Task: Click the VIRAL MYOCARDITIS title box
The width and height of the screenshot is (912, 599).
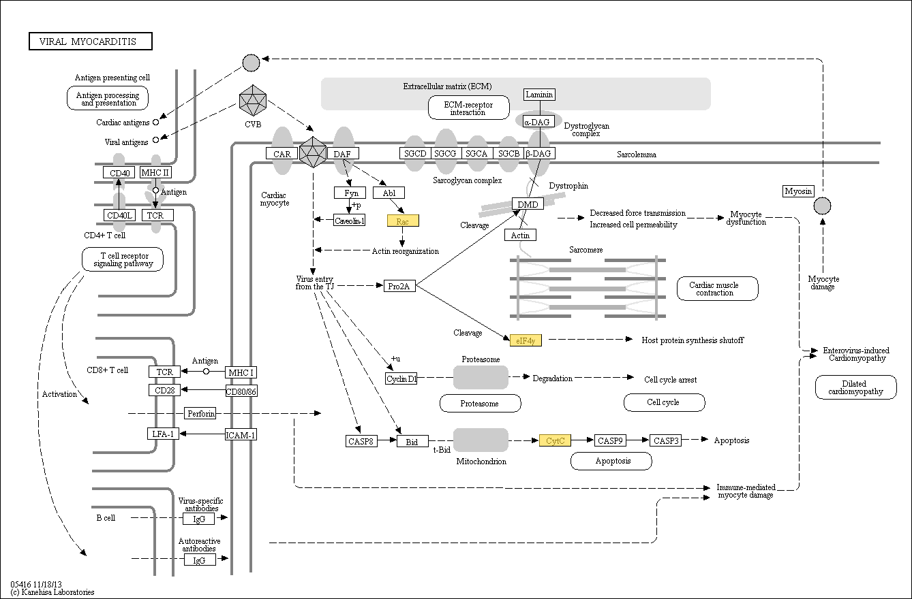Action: click(x=91, y=42)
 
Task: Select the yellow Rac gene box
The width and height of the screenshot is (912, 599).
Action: click(x=402, y=221)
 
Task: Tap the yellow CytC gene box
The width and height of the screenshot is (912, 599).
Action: click(x=555, y=440)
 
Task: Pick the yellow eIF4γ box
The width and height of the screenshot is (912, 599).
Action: click(x=526, y=340)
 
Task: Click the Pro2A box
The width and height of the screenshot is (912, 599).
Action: click(x=399, y=286)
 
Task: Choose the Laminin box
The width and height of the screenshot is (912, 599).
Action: click(x=539, y=95)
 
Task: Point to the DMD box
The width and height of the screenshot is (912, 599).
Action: click(x=528, y=204)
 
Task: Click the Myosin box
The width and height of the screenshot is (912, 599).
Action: click(x=798, y=191)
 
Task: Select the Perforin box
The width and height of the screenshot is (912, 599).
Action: click(x=200, y=413)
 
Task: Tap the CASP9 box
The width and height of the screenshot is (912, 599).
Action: click(x=610, y=440)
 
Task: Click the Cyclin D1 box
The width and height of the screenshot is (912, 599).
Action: click(x=401, y=378)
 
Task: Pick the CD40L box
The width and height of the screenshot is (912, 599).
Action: click(x=120, y=215)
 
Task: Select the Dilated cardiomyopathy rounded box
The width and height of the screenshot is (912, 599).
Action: click(x=855, y=387)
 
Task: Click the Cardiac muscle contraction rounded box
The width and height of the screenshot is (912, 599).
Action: click(x=717, y=289)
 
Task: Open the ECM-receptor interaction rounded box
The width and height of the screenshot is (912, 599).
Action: click(x=469, y=108)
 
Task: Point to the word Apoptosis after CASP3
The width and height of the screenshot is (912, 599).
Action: click(x=731, y=440)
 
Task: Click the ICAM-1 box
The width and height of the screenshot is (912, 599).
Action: click(x=241, y=434)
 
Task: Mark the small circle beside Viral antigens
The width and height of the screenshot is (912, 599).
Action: click(x=155, y=140)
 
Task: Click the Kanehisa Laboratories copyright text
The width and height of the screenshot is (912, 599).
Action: click(x=52, y=592)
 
